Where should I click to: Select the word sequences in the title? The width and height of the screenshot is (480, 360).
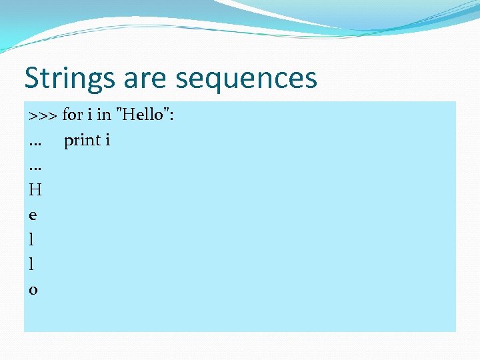pos(245,79)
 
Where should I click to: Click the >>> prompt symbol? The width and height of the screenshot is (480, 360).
pos(43,115)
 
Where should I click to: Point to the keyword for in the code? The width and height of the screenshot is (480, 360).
pos(72,115)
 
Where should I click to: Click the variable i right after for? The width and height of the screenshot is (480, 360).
pos(89,115)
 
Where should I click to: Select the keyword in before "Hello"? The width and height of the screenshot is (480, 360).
pos(103,115)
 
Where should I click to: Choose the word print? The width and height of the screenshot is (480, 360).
pos(82,141)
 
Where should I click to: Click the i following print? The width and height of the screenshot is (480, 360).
pos(108,140)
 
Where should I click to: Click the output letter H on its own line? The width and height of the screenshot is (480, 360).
pos(35,190)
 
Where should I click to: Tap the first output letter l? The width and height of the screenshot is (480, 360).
pos(32,239)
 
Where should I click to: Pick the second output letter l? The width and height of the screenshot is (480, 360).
pos(32,264)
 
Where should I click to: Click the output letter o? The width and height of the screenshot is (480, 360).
pos(33,290)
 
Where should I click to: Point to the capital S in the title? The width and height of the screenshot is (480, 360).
pos(32,79)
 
